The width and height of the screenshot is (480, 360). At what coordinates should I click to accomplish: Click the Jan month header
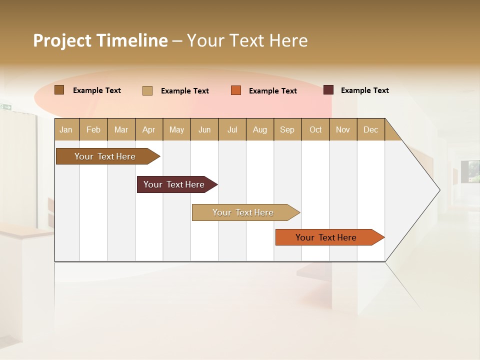click(66, 129)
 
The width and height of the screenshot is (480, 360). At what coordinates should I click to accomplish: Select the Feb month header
click(93, 129)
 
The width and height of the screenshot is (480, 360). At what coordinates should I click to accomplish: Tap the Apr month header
click(149, 129)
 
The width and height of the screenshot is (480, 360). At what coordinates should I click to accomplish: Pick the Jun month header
click(204, 129)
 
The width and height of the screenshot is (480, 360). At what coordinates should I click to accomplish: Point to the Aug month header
click(260, 129)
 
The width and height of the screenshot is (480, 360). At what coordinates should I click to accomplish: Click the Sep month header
click(287, 129)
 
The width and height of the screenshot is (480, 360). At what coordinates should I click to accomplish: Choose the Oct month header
click(315, 129)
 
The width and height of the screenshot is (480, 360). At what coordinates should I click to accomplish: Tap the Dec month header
click(371, 129)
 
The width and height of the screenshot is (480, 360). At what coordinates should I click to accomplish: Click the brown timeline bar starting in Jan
click(105, 156)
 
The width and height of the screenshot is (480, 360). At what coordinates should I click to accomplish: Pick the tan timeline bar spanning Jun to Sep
click(243, 212)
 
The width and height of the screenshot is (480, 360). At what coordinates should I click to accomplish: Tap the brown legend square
click(59, 90)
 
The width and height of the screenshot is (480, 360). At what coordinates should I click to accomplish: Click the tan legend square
click(147, 90)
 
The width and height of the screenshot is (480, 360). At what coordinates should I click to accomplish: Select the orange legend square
click(236, 90)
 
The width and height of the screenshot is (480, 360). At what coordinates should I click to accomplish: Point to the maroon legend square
click(328, 90)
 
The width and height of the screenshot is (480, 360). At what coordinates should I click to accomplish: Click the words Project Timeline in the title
click(100, 40)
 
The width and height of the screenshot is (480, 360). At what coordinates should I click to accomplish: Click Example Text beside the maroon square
click(364, 90)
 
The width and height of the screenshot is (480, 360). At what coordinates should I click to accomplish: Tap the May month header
click(176, 129)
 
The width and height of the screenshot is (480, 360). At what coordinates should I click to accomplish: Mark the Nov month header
click(343, 129)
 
